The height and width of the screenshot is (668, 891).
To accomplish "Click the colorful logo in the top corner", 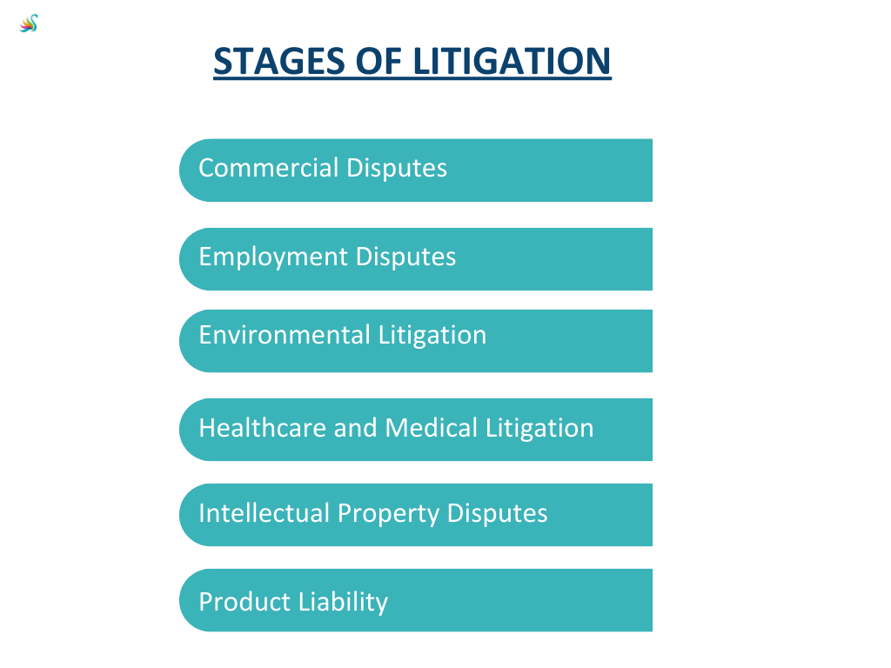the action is coord(29,23).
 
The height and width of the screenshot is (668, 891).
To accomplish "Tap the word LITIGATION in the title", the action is coord(512,61).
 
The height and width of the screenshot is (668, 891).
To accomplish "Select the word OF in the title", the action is coord(379,61).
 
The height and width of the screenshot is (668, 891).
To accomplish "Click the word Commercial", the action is coord(269,168).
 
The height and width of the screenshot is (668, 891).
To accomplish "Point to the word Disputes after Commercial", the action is coord(397,169).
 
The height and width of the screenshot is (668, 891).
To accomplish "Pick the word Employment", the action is coord(272,257).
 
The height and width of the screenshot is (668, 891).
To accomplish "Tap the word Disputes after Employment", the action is coord(405,257).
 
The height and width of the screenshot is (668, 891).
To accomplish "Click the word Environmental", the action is coord(285,335).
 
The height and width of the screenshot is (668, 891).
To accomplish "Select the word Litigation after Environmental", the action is coord(432,336).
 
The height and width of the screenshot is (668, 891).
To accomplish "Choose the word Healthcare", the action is coord(263,428).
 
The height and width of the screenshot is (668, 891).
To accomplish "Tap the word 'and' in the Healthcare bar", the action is coord(356,428).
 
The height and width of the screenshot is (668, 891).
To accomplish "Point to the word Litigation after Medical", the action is coord(539,429).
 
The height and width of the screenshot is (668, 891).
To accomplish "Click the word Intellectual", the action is coord(265,513).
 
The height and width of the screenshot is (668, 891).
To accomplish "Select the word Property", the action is coord(388,514).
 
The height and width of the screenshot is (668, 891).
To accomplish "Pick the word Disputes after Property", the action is coord(497,514).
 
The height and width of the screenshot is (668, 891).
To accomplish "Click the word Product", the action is coord(245,602).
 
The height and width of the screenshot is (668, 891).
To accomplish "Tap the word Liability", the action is coord(343,603).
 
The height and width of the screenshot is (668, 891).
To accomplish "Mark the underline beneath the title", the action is coord(412,78).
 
